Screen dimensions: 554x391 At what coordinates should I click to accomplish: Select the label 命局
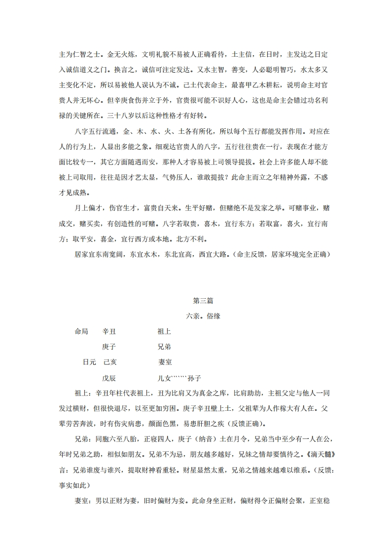click(x=81, y=332)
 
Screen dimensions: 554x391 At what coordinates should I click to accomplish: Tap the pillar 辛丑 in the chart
click(x=109, y=332)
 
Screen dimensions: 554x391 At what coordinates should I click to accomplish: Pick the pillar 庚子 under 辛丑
click(x=109, y=347)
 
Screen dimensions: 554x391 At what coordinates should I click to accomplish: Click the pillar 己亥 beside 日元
click(x=110, y=362)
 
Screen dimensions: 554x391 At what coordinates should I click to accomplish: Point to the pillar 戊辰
click(x=109, y=378)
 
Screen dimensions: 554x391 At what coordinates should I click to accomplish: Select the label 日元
click(x=89, y=362)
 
